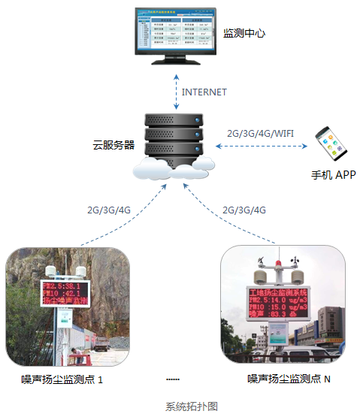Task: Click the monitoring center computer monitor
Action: (x=172, y=35)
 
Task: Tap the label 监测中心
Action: (x=245, y=34)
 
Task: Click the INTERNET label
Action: (x=204, y=92)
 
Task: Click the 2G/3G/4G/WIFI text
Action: (x=260, y=134)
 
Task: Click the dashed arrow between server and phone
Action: (x=260, y=145)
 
